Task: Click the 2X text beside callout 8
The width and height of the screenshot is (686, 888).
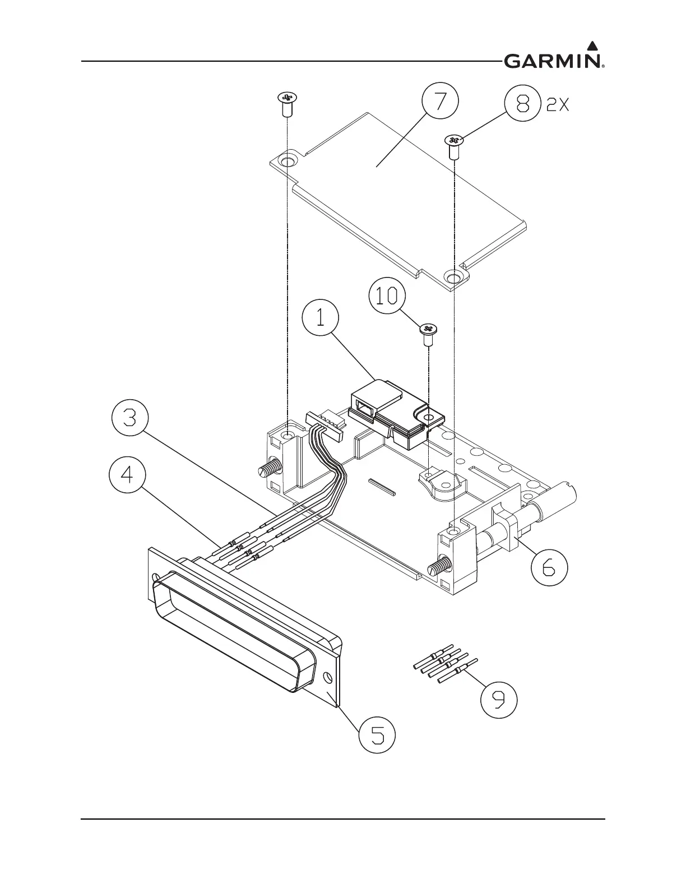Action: click(x=558, y=105)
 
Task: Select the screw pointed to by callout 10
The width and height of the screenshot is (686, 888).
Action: click(x=428, y=334)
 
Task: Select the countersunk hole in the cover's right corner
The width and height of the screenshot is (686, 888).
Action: click(x=452, y=276)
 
